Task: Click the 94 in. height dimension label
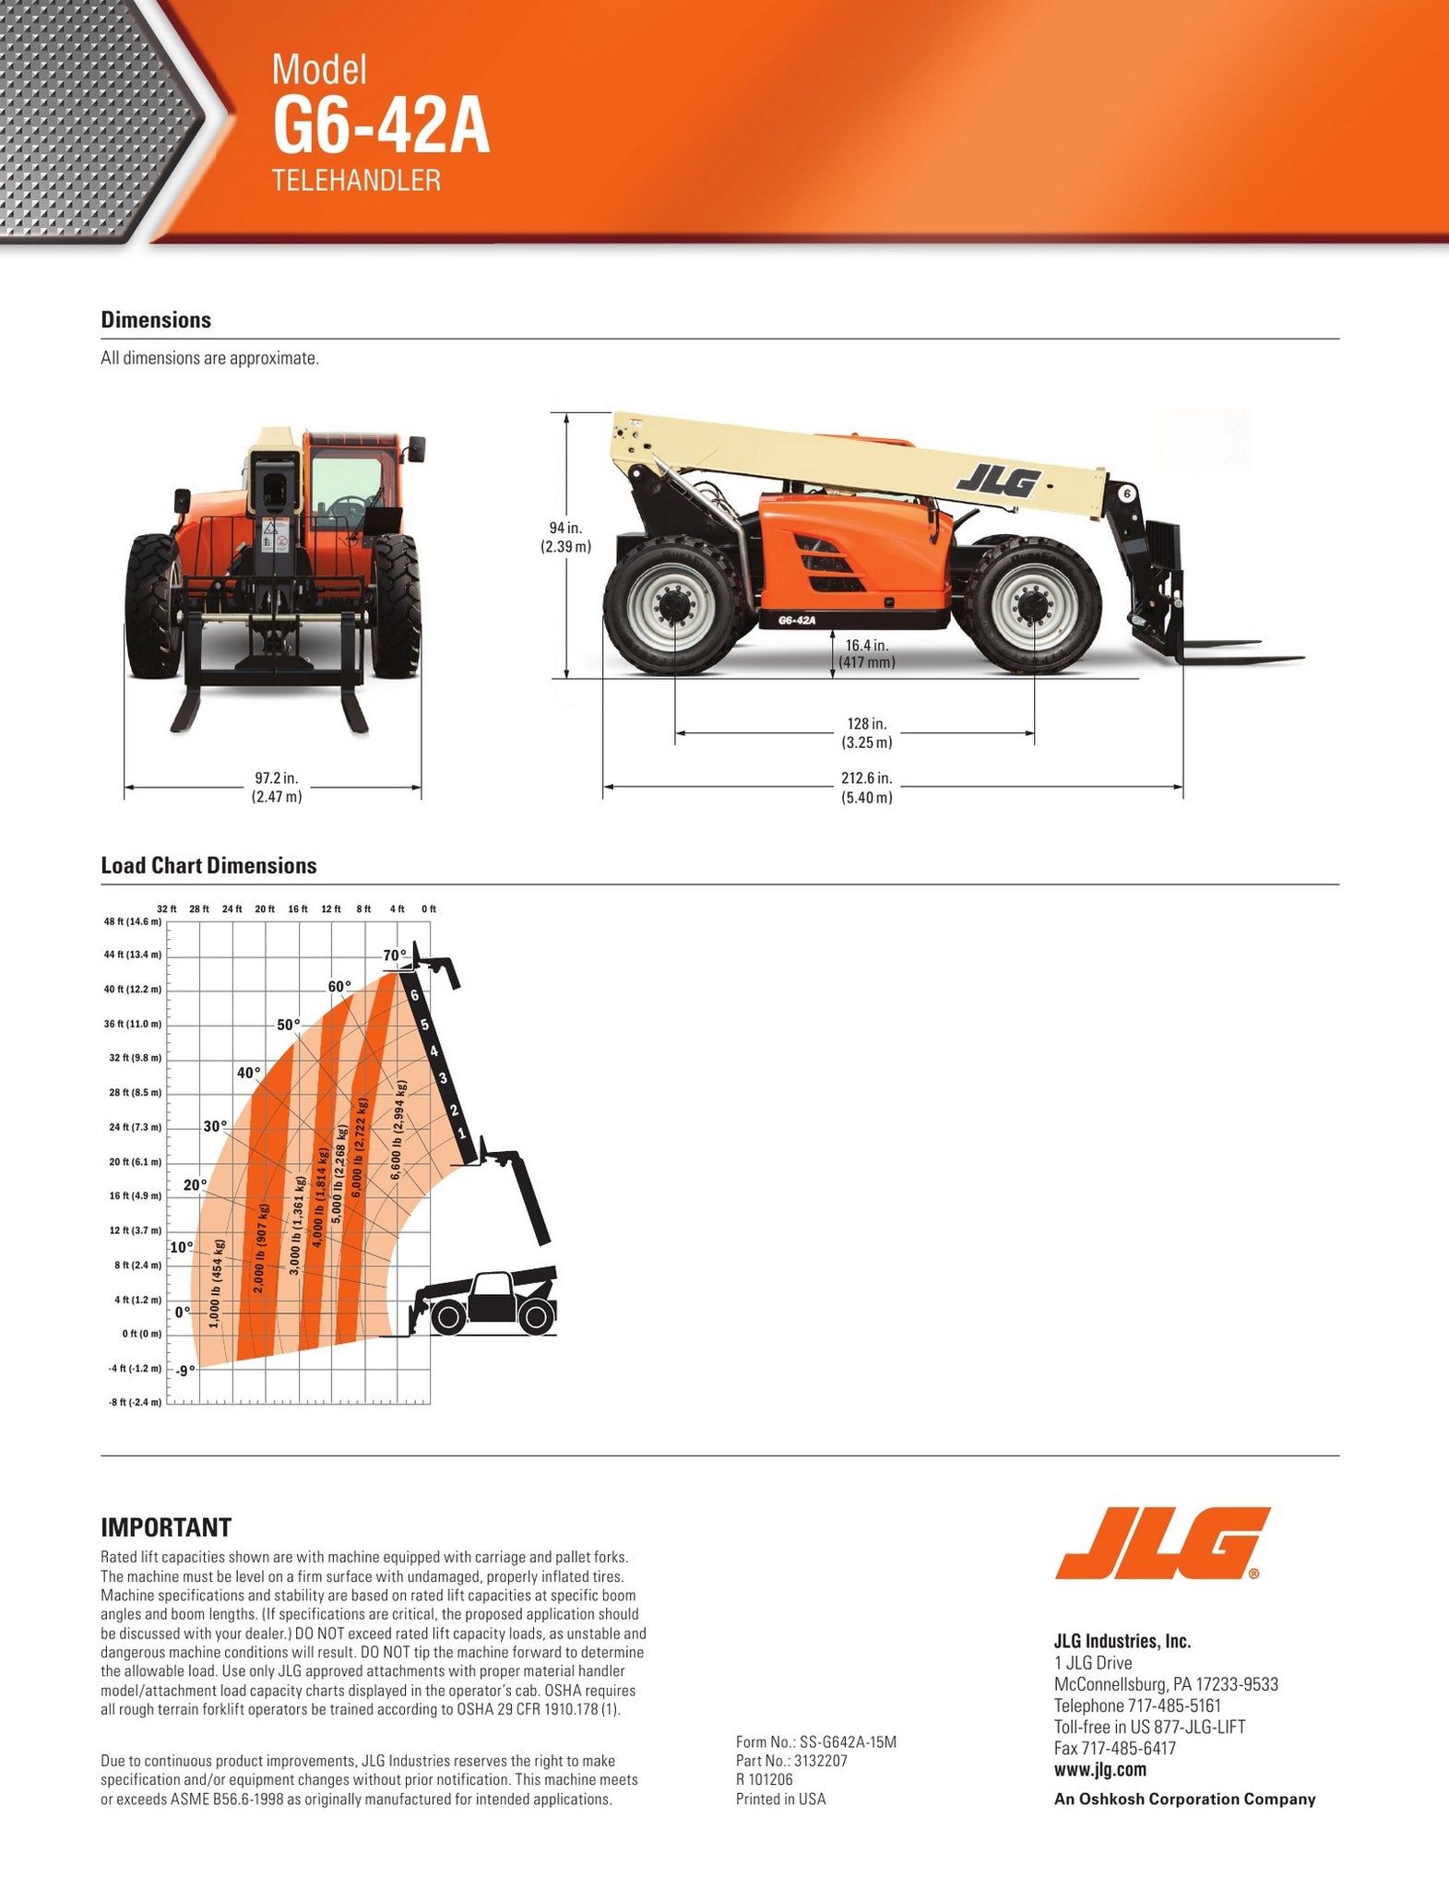pyautogui.click(x=565, y=537)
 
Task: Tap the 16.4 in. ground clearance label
pyautogui.click(x=866, y=653)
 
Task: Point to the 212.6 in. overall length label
pyautogui.click(x=866, y=788)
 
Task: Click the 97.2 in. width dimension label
pyautogui.click(x=277, y=788)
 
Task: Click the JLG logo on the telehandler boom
pyautogui.click(x=999, y=481)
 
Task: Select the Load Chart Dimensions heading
pyautogui.click(x=208, y=865)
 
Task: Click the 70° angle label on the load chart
pyautogui.click(x=395, y=955)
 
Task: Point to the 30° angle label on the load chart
pyautogui.click(x=215, y=1126)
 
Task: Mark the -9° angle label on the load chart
pyautogui.click(x=185, y=1371)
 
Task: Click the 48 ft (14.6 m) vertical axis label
pyautogui.click(x=132, y=921)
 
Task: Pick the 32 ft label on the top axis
pyautogui.click(x=166, y=909)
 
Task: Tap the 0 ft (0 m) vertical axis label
pyautogui.click(x=141, y=1334)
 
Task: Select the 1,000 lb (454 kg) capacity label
pyautogui.click(x=214, y=1284)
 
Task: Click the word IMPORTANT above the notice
pyautogui.click(x=166, y=1527)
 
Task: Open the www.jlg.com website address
pyautogui.click(x=1100, y=1769)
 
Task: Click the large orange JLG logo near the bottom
pyautogui.click(x=1163, y=1543)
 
